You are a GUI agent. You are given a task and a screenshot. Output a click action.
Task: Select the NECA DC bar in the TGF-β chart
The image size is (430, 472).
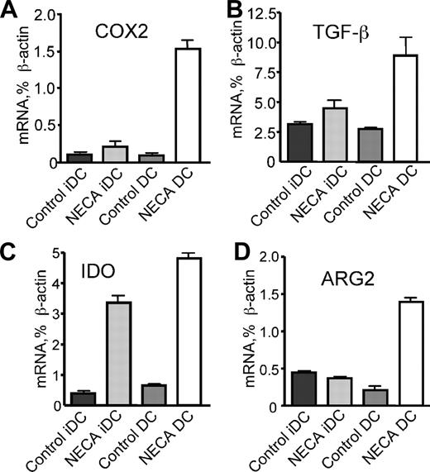tap(403, 107)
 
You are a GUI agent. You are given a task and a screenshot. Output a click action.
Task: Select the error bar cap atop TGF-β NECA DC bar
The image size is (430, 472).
tap(403, 37)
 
